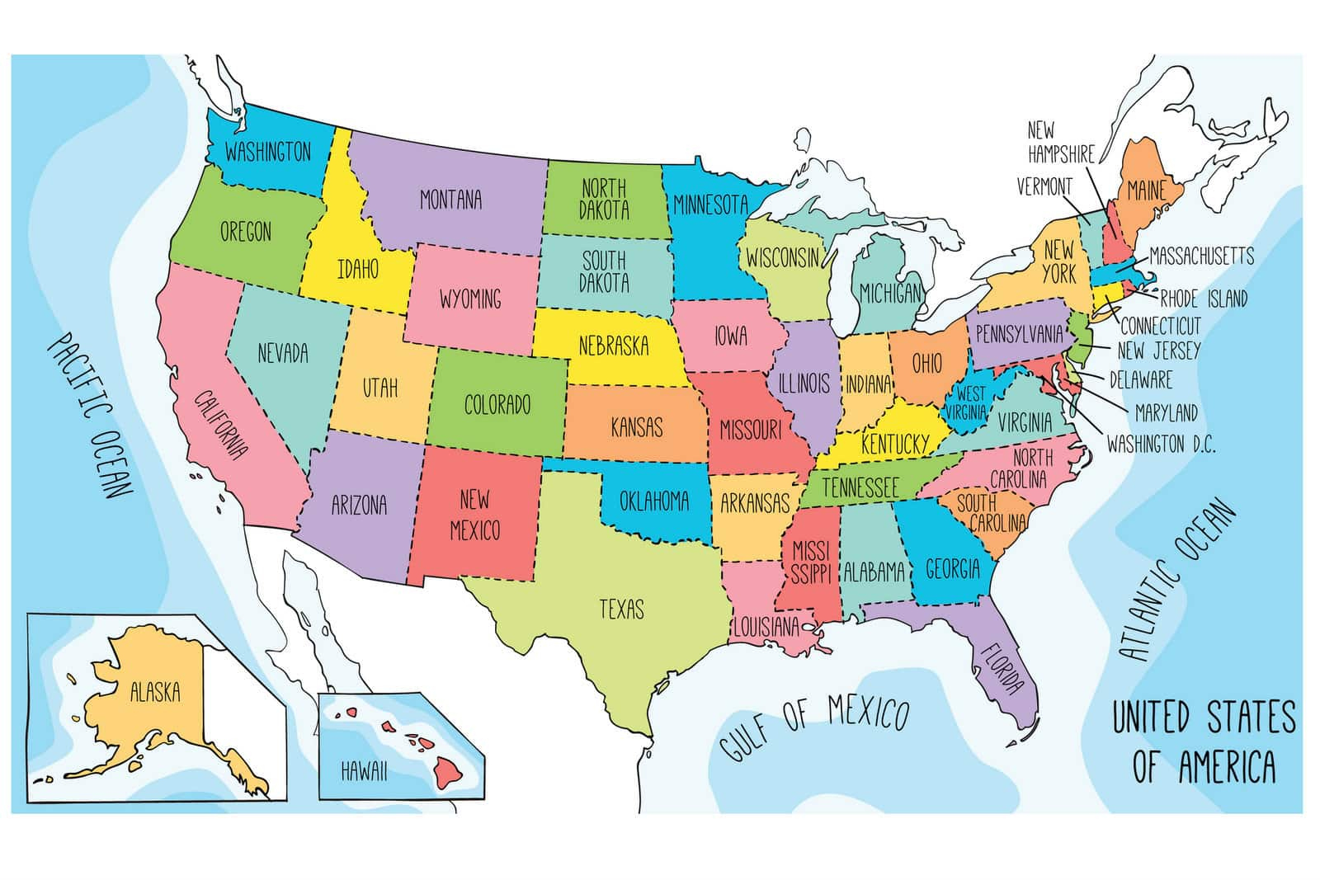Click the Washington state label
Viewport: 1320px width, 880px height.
click(x=268, y=152)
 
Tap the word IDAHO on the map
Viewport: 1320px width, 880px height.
click(x=358, y=268)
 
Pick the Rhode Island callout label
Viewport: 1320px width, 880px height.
click(x=1204, y=298)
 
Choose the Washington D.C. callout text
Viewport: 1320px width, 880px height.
click(x=1161, y=445)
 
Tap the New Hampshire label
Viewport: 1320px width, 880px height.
click(x=1060, y=142)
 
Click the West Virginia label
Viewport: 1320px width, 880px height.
click(x=971, y=402)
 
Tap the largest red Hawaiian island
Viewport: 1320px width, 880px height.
click(x=449, y=770)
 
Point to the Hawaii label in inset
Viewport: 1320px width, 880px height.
click(x=364, y=772)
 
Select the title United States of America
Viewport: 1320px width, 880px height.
click(x=1204, y=741)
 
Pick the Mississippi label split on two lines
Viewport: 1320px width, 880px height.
click(x=810, y=561)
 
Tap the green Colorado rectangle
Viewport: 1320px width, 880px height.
click(x=497, y=404)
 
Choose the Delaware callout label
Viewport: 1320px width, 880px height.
click(x=1140, y=379)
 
